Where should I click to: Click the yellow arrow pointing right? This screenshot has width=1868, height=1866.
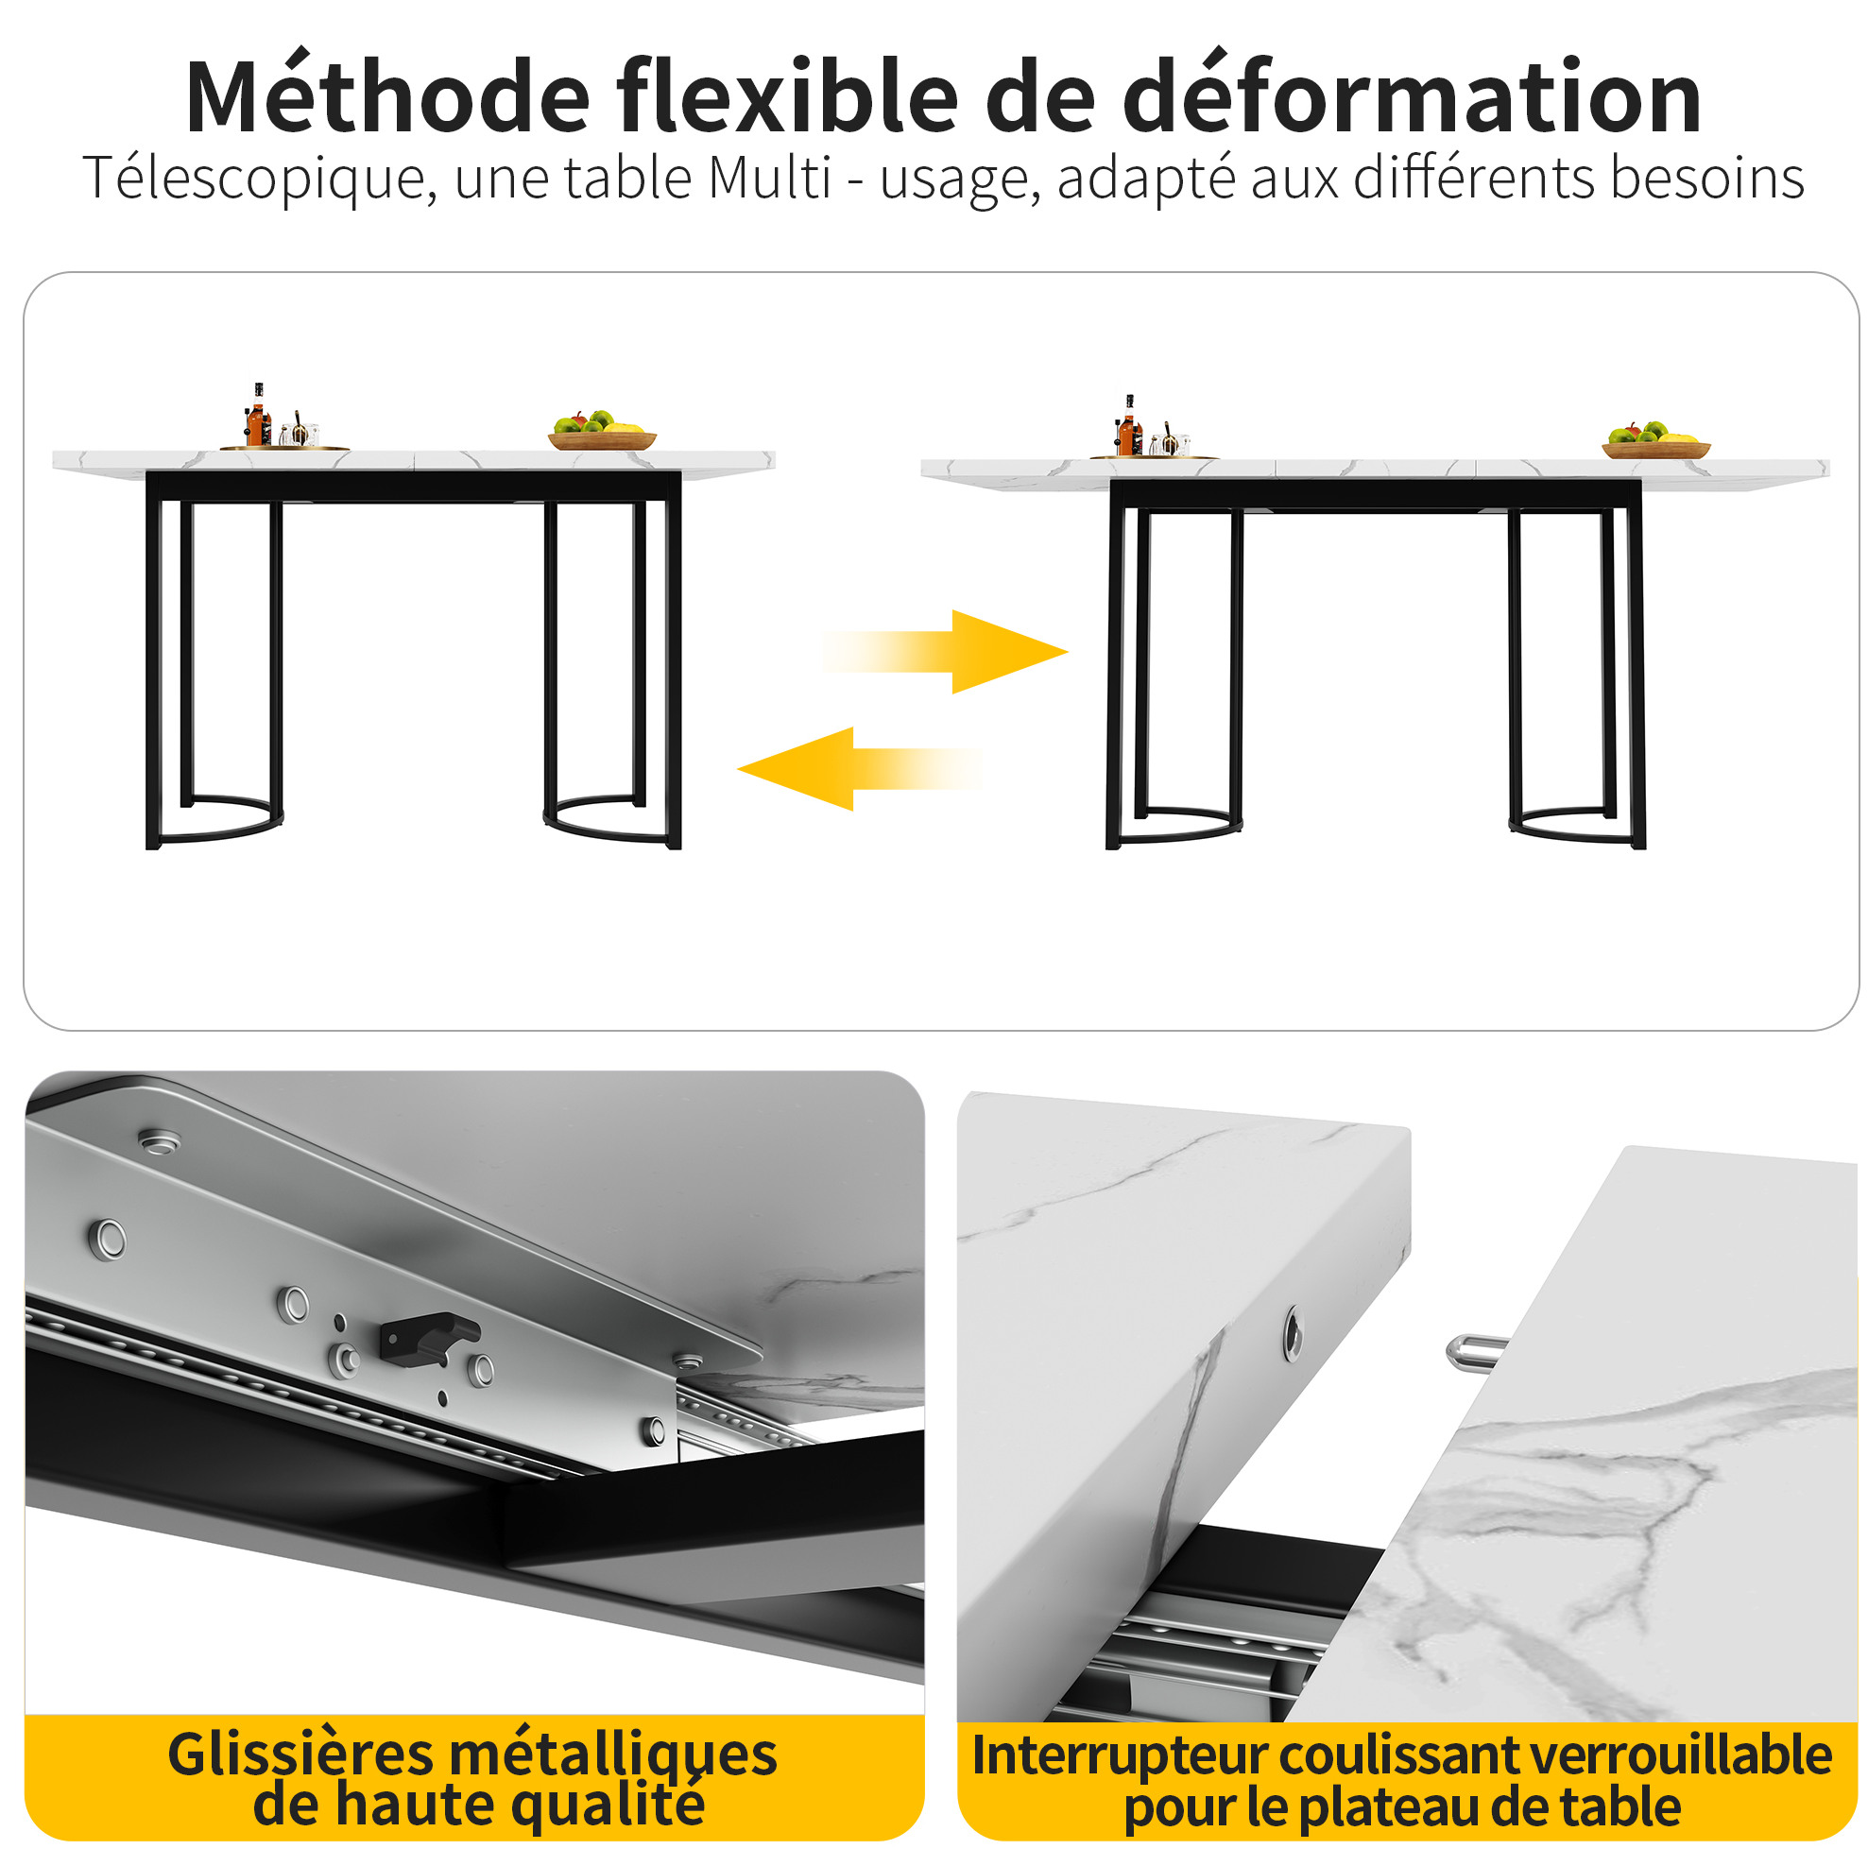[x=945, y=652]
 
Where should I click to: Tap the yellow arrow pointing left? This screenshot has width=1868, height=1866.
[x=860, y=769]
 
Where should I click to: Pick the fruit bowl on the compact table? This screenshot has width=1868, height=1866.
[x=601, y=430]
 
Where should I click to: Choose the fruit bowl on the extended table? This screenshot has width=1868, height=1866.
[x=1655, y=440]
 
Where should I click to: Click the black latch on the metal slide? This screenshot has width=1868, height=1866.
[x=428, y=1335]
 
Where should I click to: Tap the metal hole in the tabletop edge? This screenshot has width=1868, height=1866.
[x=1293, y=1332]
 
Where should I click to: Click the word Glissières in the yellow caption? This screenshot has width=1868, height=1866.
[x=300, y=1755]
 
